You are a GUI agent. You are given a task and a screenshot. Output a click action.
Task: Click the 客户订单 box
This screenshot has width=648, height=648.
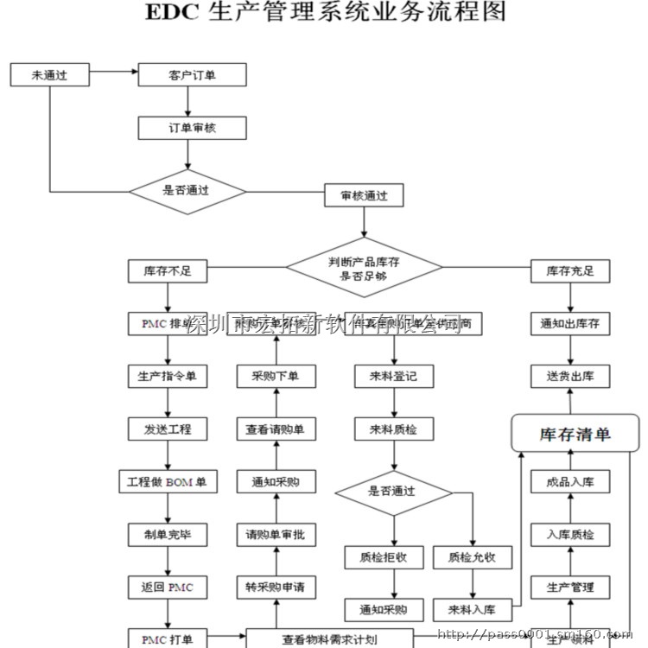[192, 75]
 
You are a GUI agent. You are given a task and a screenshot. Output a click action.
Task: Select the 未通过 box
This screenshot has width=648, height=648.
[49, 75]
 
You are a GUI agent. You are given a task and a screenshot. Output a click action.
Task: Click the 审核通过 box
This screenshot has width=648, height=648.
[364, 196]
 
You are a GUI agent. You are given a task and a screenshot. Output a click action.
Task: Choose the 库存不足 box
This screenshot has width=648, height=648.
[168, 271]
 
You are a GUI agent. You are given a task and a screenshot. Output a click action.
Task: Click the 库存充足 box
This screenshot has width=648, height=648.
[570, 271]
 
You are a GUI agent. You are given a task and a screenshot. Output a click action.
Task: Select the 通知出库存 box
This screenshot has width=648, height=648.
[570, 324]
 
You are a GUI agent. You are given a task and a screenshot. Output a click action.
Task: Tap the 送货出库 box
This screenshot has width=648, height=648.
[570, 377]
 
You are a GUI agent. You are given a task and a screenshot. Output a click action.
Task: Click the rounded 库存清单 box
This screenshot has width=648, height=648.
[575, 433]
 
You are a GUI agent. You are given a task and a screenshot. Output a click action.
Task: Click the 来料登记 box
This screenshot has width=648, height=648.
[394, 377]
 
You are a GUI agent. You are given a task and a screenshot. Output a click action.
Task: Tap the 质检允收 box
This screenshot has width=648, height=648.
[472, 557]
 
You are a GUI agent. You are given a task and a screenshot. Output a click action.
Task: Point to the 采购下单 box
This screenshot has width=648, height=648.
[276, 377]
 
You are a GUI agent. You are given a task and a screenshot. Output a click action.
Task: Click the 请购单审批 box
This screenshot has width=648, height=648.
[276, 535]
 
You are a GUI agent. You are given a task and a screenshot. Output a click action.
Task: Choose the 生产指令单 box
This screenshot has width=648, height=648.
[168, 377]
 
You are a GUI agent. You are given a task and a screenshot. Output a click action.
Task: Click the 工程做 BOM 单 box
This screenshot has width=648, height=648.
[168, 481]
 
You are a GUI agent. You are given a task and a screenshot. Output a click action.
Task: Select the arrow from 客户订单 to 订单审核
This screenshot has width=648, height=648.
[192, 101]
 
